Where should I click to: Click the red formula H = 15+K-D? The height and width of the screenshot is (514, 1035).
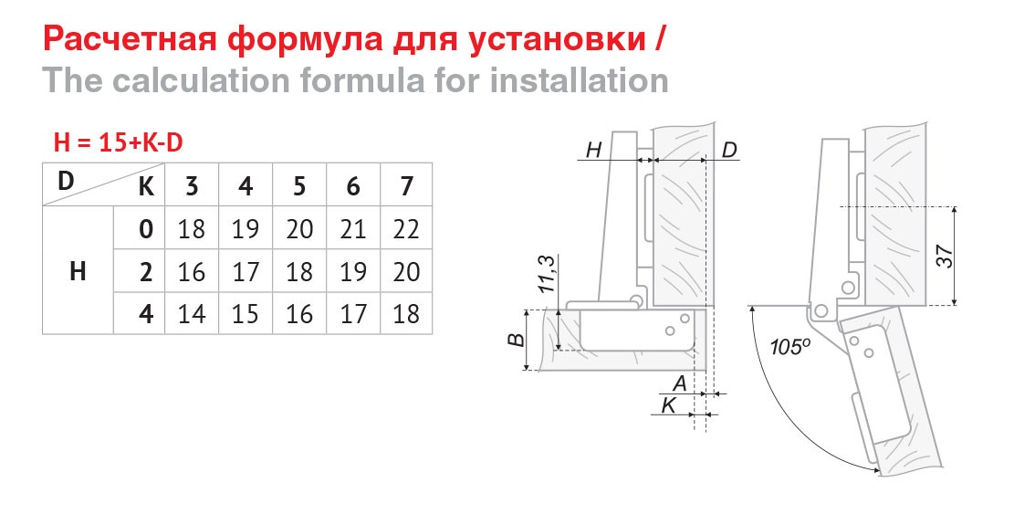tap(118, 142)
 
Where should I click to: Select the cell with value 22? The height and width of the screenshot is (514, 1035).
tap(406, 229)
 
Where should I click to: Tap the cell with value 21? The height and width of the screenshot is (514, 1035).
tap(353, 229)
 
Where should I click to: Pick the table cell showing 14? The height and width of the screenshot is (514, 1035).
tap(192, 313)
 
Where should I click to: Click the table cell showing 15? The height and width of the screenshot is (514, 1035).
tap(246, 313)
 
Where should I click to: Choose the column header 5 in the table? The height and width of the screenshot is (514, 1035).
tap(299, 187)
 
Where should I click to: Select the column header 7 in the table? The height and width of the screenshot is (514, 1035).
tap(406, 187)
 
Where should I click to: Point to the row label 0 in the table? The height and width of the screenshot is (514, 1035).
tap(146, 229)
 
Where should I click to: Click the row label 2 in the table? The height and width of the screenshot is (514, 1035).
tap(146, 271)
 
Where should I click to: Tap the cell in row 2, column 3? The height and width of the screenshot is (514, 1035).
tap(192, 271)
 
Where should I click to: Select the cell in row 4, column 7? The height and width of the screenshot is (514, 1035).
tap(406, 313)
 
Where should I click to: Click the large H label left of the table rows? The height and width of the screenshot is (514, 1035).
tap(78, 271)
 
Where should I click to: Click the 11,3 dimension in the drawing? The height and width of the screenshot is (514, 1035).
tap(548, 275)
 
